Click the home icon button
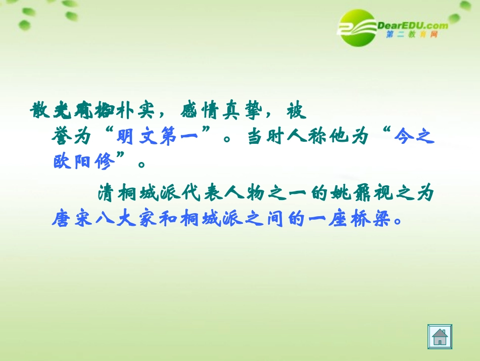(x=440, y=337)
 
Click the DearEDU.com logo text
(x=412, y=25)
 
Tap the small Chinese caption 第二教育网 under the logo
(x=412, y=35)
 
